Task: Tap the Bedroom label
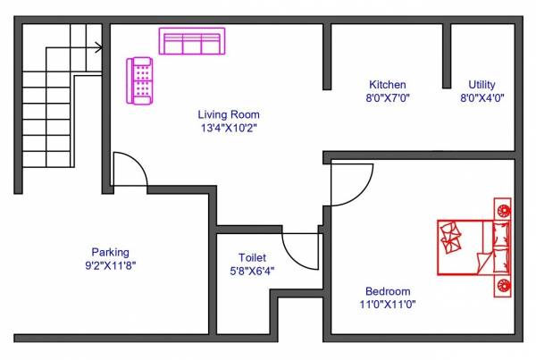[388, 291]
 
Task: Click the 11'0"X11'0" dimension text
[388, 305]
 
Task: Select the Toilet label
[253, 256]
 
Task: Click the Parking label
[110, 251]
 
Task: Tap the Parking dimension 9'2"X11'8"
[110, 264]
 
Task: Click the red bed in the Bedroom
[474, 247]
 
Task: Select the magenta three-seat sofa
[191, 41]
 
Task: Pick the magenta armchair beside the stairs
[140, 80]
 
